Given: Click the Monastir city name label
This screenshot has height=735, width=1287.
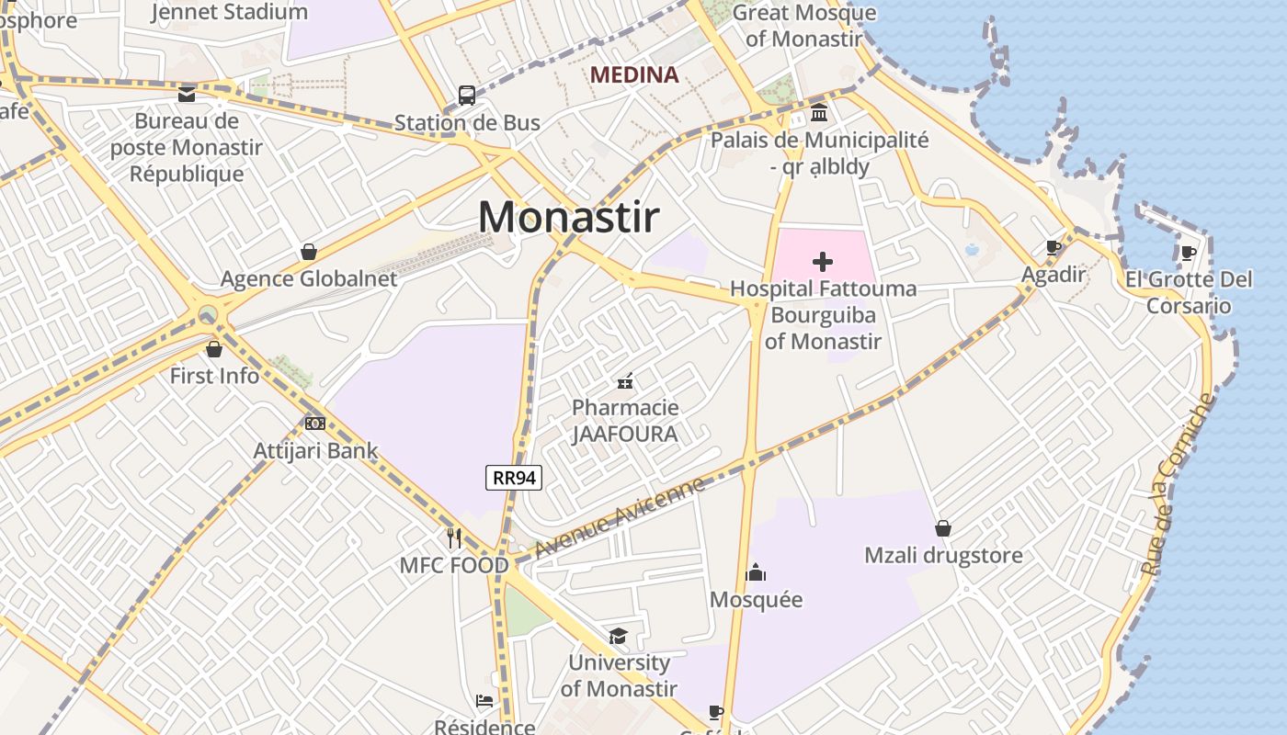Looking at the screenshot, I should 569,218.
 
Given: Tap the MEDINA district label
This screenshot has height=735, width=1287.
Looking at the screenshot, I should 634,75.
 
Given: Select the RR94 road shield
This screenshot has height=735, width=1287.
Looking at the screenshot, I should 514,478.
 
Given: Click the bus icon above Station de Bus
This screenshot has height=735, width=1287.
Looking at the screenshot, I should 467,96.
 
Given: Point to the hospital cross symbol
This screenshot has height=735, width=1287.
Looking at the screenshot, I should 823,262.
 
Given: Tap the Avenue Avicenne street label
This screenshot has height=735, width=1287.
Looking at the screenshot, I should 620,516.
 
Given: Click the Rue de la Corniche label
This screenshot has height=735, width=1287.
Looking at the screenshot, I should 1178,484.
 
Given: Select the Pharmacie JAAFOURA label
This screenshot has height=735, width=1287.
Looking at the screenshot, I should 625,421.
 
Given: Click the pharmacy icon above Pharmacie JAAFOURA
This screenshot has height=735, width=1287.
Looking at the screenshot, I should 625,380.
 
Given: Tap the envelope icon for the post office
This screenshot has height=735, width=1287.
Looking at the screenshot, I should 187,94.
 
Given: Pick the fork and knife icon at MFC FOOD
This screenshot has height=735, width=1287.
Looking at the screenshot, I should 454,537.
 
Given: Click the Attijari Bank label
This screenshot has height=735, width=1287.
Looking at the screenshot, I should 315,451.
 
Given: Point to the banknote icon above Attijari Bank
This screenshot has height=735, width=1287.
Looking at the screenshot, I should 315,424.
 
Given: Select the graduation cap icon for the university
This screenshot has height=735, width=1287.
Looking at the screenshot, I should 618,636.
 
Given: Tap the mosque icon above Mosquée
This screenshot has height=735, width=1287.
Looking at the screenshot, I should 756,573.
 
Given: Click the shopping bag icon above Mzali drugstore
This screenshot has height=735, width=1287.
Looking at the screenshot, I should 943,528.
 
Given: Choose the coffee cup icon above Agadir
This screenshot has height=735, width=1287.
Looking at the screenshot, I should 1054,247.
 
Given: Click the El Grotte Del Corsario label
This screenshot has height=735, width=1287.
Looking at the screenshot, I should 1189,292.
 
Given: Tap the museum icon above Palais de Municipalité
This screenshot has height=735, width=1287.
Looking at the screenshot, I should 819,113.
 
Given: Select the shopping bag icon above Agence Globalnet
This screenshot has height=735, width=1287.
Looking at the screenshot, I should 309,252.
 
